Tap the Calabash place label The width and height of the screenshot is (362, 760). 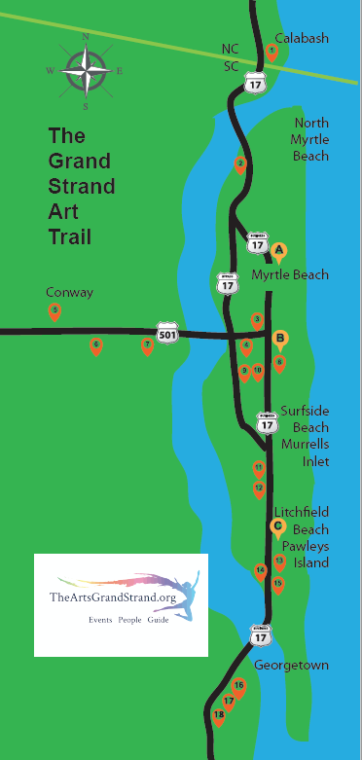(x=302, y=38)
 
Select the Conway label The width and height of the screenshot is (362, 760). (x=65, y=292)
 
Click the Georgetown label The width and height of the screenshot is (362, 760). (x=291, y=666)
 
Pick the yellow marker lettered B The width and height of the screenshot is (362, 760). (x=280, y=340)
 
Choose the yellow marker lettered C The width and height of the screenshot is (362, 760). (x=277, y=527)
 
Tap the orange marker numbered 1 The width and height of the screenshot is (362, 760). (x=272, y=52)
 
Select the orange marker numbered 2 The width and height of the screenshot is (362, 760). (x=240, y=164)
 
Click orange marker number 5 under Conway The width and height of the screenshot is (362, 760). (x=55, y=311)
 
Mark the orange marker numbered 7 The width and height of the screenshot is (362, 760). (x=147, y=344)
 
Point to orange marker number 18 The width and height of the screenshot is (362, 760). (x=218, y=716)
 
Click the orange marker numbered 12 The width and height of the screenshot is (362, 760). (x=259, y=488)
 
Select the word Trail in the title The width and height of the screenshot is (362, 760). (x=69, y=236)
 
